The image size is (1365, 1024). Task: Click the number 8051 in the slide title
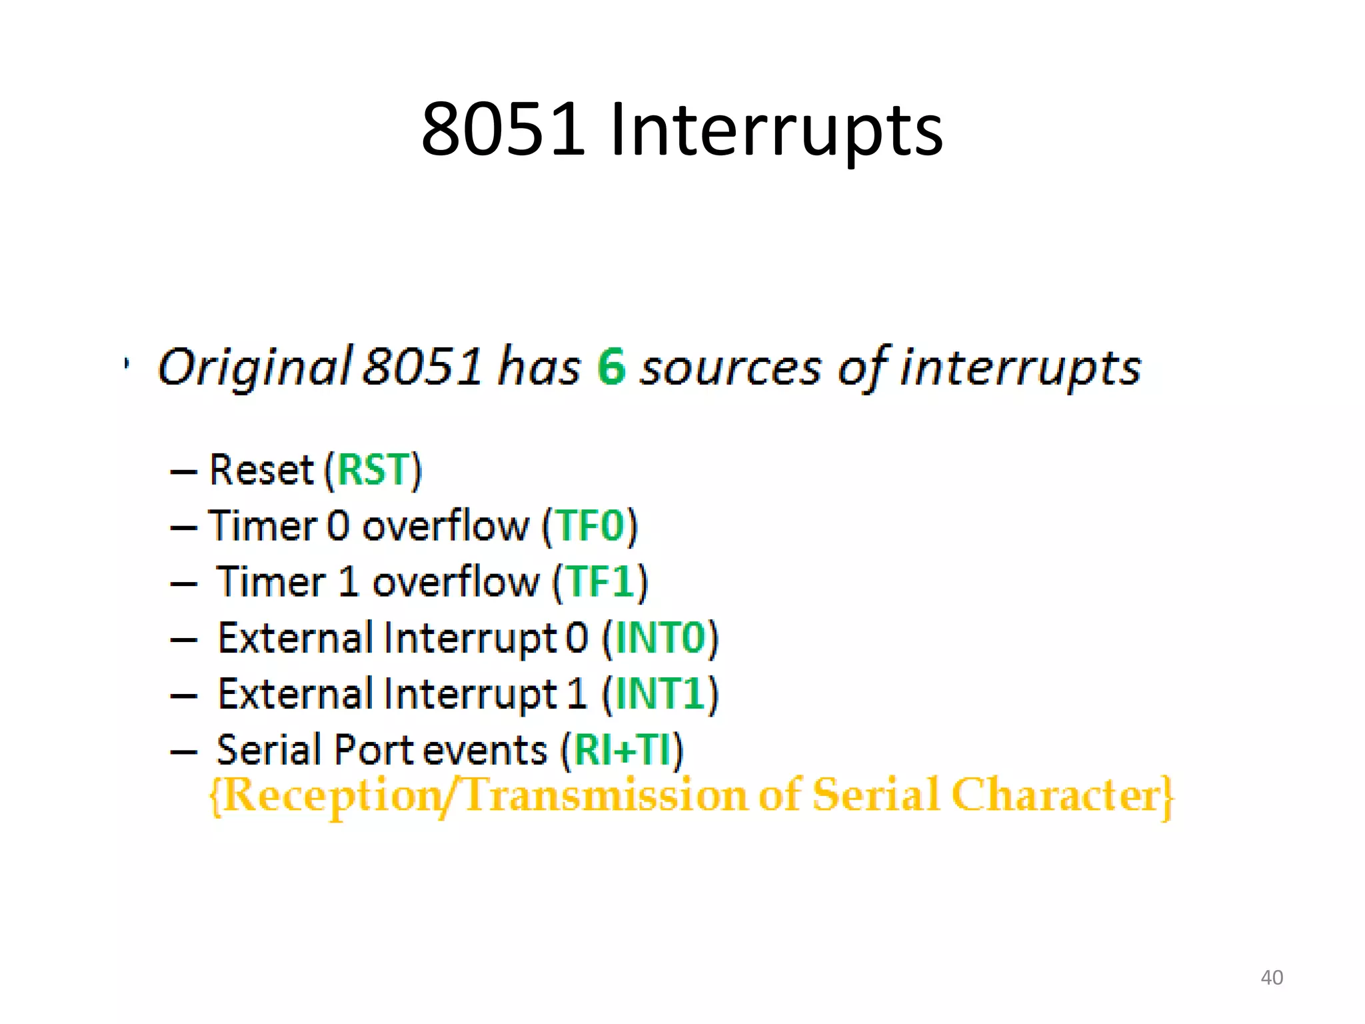503,129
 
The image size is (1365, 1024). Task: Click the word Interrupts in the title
776,131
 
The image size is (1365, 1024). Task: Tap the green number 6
611,367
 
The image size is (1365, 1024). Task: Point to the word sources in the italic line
730,368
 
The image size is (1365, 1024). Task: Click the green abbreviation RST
373,469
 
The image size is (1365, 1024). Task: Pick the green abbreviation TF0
590,525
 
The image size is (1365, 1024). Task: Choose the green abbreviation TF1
600,581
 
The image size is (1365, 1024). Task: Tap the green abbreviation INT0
660,638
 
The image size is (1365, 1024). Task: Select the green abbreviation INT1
660,693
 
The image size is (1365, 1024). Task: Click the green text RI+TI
622,749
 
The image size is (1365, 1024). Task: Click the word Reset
261,469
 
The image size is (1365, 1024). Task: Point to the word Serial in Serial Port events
269,749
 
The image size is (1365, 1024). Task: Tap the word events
485,750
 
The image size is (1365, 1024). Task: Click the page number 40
1272,977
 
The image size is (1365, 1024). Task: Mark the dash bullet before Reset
183,471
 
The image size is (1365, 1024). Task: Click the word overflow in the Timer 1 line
455,581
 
